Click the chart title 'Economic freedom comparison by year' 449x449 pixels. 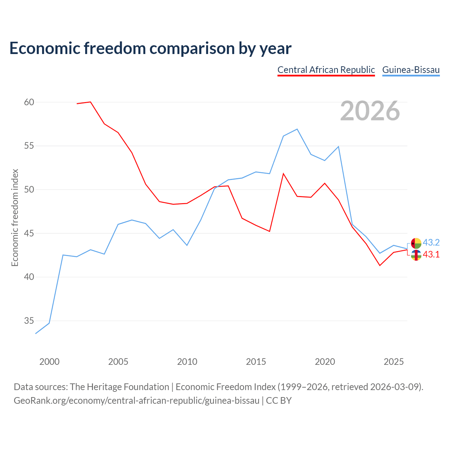(x=150, y=48)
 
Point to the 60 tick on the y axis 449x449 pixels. (x=29, y=102)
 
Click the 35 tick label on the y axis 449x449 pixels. (x=29, y=321)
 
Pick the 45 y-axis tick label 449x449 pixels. (x=29, y=233)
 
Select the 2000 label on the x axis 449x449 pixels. (x=49, y=362)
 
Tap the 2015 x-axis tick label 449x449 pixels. (x=256, y=362)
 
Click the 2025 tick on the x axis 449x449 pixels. (x=394, y=362)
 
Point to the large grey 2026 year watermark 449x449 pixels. (x=370, y=111)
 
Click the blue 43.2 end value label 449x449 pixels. (x=431, y=242)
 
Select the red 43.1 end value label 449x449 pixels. (x=431, y=254)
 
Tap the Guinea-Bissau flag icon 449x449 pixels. (x=416, y=243)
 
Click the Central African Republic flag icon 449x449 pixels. (x=416, y=255)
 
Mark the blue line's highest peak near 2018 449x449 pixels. (x=297, y=129)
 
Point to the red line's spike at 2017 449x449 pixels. (x=283, y=174)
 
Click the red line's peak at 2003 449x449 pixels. (x=91, y=102)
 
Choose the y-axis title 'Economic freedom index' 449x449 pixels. (x=15, y=217)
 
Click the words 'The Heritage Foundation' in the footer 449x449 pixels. (x=120, y=387)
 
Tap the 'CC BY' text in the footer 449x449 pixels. (x=279, y=401)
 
